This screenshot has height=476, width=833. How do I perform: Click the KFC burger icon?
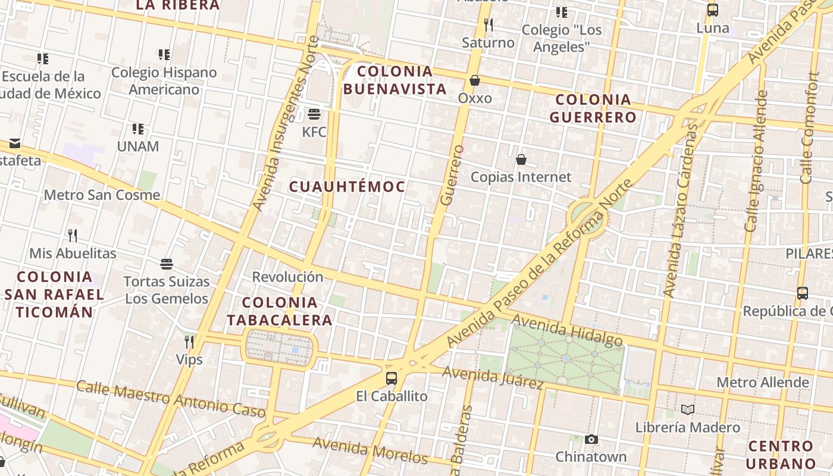314,114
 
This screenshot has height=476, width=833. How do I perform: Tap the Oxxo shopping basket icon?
475,80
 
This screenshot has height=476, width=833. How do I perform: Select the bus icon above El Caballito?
392,378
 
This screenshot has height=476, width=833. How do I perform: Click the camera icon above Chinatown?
591,439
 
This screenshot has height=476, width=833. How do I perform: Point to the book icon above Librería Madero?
688,409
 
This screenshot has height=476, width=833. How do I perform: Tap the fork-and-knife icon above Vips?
189,342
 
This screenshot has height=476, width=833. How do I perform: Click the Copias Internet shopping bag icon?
521,159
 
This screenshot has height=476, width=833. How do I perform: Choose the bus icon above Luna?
712,10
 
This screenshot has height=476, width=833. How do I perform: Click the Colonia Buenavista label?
394,80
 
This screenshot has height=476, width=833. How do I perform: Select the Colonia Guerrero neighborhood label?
593,108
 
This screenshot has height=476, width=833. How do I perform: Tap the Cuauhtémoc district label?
347,187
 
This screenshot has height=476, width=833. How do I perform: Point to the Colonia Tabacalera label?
280,311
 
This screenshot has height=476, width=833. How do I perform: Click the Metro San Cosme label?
102,195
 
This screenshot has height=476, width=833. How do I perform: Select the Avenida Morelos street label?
369,450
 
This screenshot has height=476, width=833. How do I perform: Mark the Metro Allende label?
762,382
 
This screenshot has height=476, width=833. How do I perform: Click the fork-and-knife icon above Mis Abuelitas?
73,235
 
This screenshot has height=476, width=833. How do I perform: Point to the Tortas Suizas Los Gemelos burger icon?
167,264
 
